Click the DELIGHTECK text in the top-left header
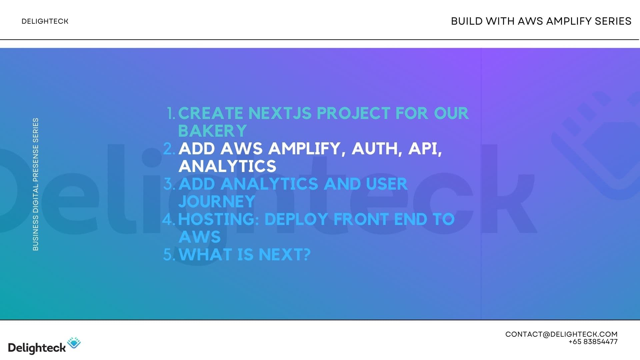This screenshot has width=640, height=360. click(45, 21)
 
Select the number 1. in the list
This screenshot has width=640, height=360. click(171, 113)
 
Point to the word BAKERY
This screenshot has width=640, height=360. click(212, 131)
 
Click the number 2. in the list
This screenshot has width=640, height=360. click(169, 149)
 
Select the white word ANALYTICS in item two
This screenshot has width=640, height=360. click(227, 166)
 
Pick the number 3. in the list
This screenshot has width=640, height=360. click(169, 184)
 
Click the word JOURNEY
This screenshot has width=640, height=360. click(217, 202)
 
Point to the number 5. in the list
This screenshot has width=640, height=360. click(169, 255)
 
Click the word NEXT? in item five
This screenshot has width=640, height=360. click(284, 255)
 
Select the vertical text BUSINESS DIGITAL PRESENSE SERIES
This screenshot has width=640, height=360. click(36, 184)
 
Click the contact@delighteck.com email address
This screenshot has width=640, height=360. click(561, 334)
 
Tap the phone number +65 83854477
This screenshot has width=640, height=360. click(593, 342)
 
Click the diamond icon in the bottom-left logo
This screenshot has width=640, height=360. click(74, 343)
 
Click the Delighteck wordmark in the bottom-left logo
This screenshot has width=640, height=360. click(37, 348)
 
